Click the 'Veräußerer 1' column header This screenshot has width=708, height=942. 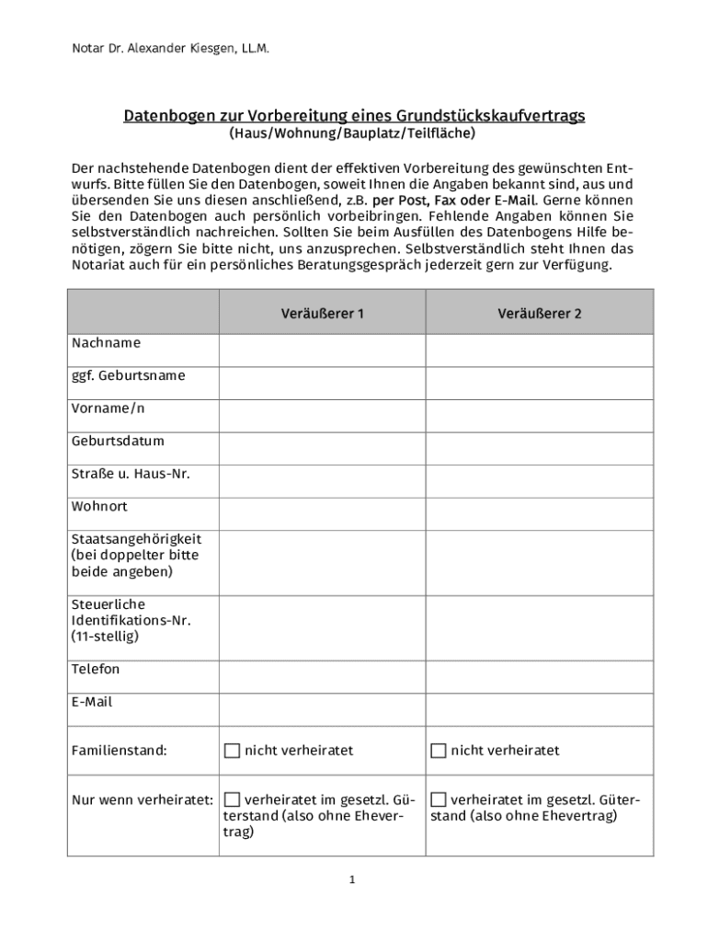click(x=322, y=313)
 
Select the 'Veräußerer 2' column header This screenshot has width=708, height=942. click(x=540, y=313)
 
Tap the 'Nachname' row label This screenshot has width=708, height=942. click(x=107, y=343)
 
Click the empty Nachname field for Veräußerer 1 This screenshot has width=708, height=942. click(x=322, y=350)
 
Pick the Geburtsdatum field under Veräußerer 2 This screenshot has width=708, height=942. click(x=540, y=448)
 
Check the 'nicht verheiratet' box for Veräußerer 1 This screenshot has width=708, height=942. click(x=233, y=751)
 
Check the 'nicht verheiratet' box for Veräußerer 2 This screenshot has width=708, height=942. click(x=439, y=751)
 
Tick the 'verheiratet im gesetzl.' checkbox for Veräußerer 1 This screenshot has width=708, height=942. click(x=233, y=798)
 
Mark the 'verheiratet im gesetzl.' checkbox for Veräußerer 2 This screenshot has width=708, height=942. click(x=439, y=798)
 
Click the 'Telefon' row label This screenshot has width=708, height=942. click(x=96, y=669)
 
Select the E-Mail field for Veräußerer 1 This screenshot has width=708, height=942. click(x=322, y=709)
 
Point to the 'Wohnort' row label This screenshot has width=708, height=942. click(x=99, y=507)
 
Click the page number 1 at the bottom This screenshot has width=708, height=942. click(x=352, y=880)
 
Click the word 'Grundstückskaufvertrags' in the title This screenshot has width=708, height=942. click(x=491, y=116)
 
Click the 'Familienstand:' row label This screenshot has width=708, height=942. click(x=120, y=751)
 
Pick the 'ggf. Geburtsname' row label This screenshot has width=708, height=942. click(x=128, y=375)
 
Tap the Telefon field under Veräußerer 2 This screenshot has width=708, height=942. click(x=540, y=676)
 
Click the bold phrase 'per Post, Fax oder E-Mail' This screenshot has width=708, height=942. click(x=453, y=201)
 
